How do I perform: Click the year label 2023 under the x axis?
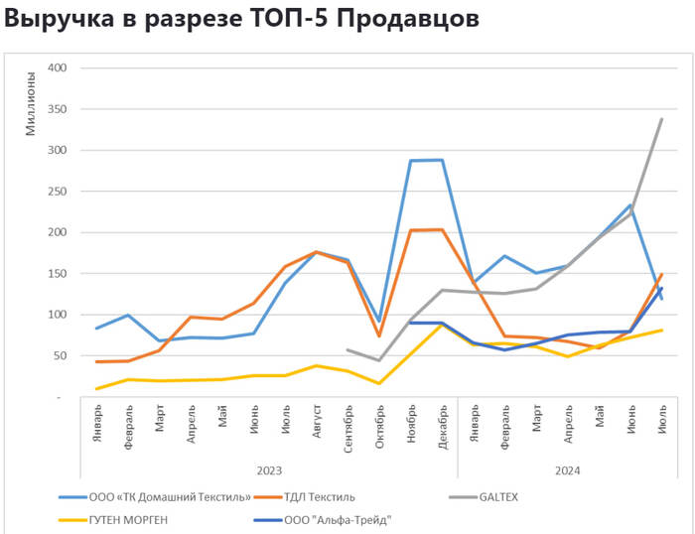pyautogui.click(x=268, y=469)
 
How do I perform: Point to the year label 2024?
pyautogui.click(x=568, y=469)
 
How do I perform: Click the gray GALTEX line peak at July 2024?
pyautogui.click(x=661, y=120)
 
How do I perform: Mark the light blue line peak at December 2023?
pyautogui.click(x=442, y=160)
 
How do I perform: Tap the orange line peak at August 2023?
pyautogui.click(x=316, y=252)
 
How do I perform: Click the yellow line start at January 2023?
pyautogui.click(x=97, y=388)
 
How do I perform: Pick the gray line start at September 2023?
pyautogui.click(x=347, y=349)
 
